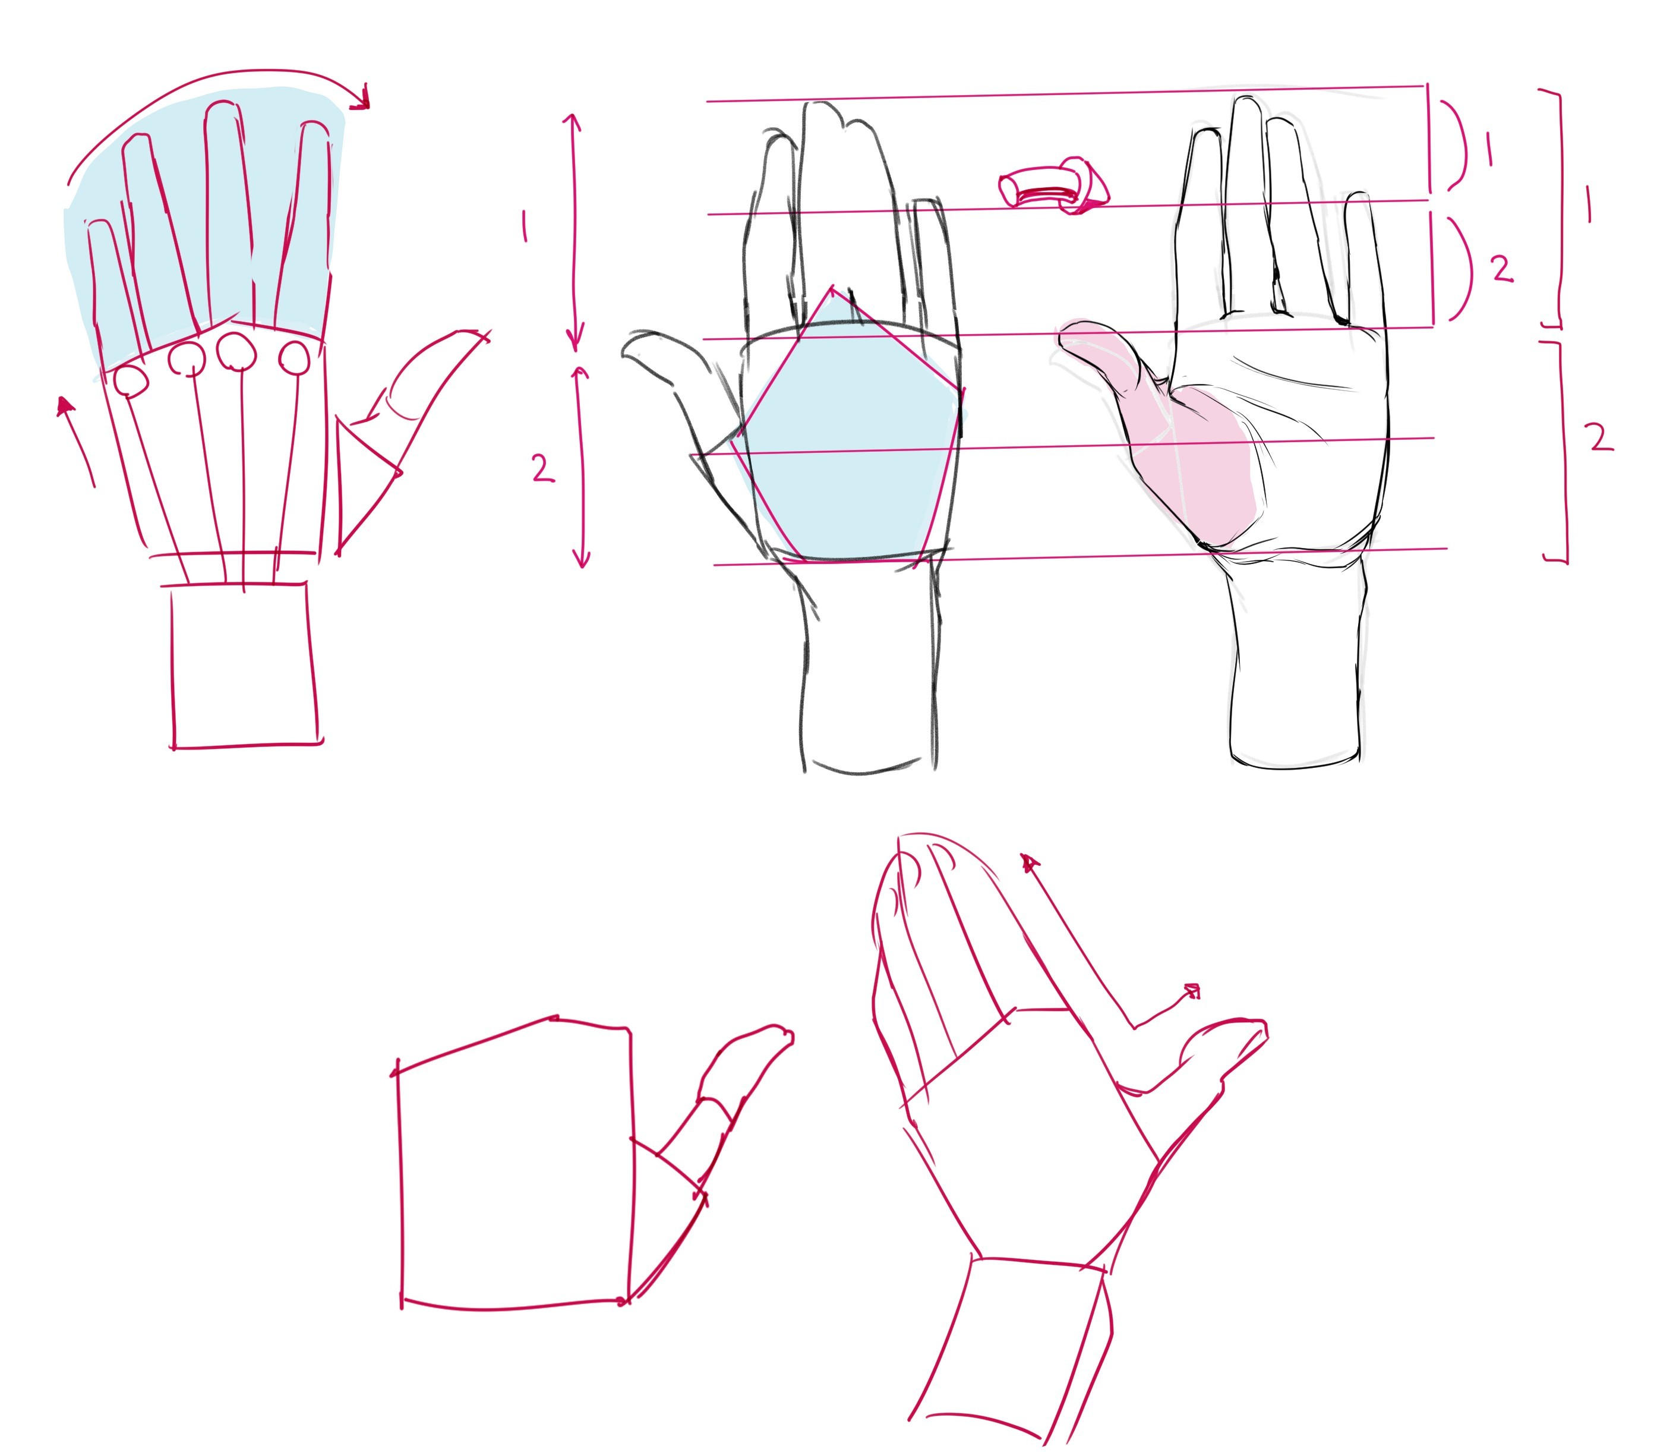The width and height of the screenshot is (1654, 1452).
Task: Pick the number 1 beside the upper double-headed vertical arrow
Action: pyautogui.click(x=525, y=226)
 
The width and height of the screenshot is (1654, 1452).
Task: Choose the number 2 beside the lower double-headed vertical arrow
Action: pyautogui.click(x=543, y=468)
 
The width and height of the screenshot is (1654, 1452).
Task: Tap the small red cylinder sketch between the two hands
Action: pyautogui.click(x=1053, y=186)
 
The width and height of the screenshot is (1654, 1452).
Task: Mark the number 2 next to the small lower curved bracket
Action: pyautogui.click(x=1501, y=269)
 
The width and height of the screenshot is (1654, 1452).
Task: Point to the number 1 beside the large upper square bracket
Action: pyautogui.click(x=1589, y=203)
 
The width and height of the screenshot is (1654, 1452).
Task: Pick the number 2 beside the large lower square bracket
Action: pyautogui.click(x=1600, y=439)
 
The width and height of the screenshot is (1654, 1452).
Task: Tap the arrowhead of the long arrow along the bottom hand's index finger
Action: pyautogui.click(x=1030, y=863)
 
